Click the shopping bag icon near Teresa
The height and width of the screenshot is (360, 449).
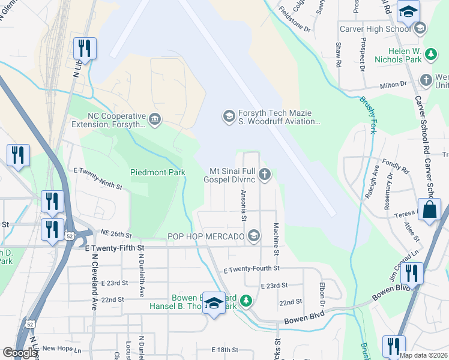430,211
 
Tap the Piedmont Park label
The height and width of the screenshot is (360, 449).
158,172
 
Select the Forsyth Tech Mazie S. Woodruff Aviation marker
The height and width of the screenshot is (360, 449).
228,116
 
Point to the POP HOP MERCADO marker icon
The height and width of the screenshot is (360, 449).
254,236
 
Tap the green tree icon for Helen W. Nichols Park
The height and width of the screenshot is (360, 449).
430,55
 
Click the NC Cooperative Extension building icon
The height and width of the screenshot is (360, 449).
155,119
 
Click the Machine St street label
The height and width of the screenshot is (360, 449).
276,239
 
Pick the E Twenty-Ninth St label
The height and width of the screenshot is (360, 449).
98,179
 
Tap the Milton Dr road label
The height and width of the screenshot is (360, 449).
393,86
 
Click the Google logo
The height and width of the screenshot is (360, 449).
20,353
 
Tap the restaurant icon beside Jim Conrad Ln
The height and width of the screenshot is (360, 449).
412,274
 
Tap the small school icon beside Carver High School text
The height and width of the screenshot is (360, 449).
420,28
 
